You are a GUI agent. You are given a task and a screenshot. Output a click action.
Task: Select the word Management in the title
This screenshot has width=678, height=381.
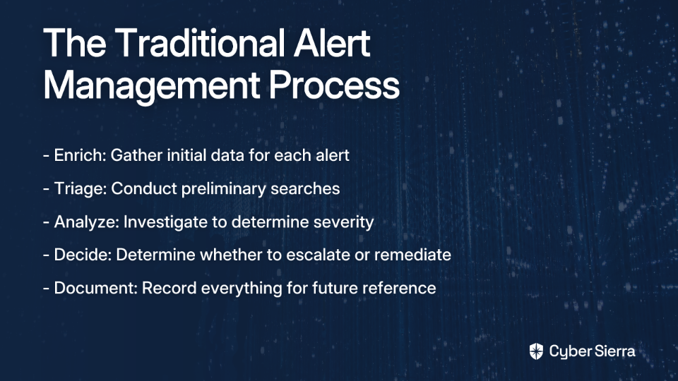152,85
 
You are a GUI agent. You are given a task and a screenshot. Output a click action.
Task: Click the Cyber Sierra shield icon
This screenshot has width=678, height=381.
536,351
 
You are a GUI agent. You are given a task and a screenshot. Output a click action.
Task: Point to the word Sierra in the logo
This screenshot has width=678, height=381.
614,351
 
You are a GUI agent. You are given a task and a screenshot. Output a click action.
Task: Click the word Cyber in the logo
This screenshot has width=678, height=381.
569,352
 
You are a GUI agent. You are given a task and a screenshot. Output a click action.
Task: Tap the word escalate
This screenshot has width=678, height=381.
318,255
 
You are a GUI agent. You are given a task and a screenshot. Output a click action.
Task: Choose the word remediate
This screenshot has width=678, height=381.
412,255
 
